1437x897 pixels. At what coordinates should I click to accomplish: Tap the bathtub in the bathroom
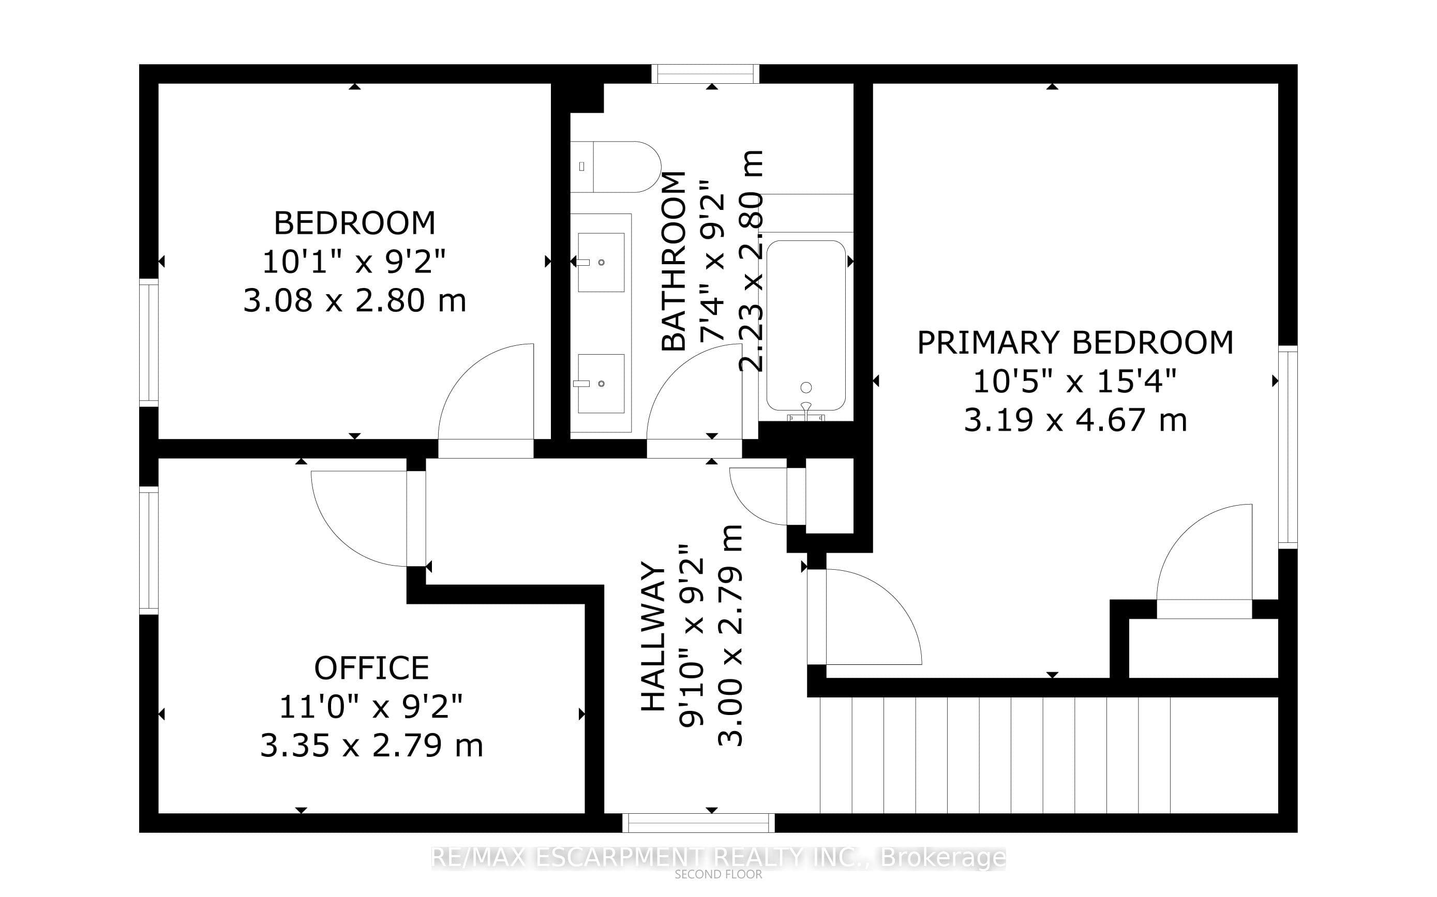pyautogui.click(x=805, y=325)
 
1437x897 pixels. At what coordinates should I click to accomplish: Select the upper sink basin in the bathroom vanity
pyautogui.click(x=601, y=262)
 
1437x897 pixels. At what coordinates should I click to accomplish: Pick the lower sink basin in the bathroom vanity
pyautogui.click(x=601, y=383)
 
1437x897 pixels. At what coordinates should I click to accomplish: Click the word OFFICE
pyautogui.click(x=371, y=668)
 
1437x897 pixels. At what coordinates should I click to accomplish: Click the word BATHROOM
pyautogui.click(x=673, y=261)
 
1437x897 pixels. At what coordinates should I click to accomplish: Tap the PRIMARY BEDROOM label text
pyautogui.click(x=1075, y=342)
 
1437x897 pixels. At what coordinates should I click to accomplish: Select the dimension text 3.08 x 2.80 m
pyautogui.click(x=354, y=300)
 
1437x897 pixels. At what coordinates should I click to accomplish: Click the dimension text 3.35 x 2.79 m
pyautogui.click(x=371, y=745)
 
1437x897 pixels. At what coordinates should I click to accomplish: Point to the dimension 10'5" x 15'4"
pyautogui.click(x=1075, y=382)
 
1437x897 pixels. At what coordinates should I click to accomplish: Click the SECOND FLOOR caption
pyautogui.click(x=718, y=874)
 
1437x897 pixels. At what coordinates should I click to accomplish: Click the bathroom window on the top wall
pyautogui.click(x=706, y=73)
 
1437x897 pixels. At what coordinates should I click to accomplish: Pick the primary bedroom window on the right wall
pyautogui.click(x=1288, y=447)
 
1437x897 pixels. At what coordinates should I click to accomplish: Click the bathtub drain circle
pyautogui.click(x=806, y=387)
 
